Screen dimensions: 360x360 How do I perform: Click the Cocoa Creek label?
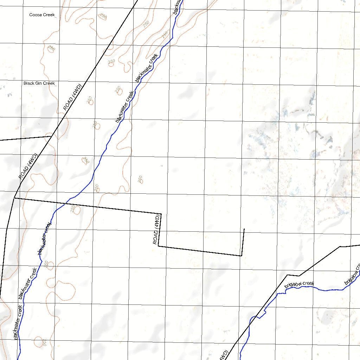coord(42,15)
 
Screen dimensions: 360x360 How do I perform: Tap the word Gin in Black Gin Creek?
coord(39,83)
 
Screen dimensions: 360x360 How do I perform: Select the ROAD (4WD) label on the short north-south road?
coord(157,230)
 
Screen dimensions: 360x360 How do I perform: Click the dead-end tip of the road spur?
coord(244,229)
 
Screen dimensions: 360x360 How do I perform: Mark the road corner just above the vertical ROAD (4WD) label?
coord(161,213)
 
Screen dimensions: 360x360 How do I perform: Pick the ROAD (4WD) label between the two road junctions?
coord(28,167)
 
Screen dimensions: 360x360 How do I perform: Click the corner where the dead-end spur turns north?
coord(241,256)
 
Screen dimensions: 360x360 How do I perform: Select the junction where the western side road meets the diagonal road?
coord(52,136)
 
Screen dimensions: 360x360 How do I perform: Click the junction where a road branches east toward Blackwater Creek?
coord(14,198)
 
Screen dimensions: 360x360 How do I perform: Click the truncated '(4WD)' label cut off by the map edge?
coord(224,355)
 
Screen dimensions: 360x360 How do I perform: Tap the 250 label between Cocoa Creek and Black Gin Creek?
coord(51,48)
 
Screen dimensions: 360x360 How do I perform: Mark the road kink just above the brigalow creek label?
coord(288,275)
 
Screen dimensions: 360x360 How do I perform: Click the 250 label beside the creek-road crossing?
coord(73,209)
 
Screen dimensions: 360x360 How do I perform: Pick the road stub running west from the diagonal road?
coord(25,138)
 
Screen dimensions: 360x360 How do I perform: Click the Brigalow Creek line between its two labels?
coord(327,290)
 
